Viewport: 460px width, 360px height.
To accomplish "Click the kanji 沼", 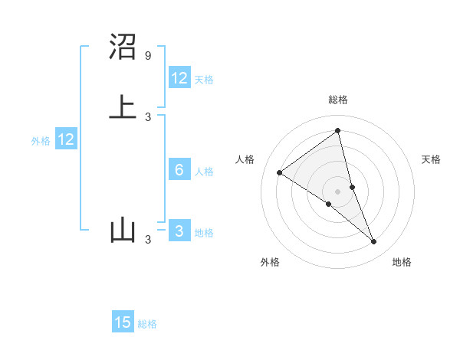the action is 123,47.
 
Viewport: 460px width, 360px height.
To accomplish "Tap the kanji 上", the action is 123,106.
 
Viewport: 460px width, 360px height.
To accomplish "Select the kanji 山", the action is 123,231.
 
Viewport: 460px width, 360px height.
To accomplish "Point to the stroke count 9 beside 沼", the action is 148,56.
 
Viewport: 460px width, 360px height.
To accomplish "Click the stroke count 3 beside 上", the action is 148,116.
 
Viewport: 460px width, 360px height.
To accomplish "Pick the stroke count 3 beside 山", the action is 148,241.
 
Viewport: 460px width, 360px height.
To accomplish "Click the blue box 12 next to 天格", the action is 179,78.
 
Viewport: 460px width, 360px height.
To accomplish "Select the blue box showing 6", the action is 179,170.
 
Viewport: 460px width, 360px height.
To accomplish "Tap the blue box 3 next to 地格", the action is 179,231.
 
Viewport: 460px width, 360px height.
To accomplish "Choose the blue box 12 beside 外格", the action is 66,139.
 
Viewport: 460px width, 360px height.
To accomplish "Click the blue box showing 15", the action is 123,322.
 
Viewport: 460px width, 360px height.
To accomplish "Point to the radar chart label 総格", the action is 338,100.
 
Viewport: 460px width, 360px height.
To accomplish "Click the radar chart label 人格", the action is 245,159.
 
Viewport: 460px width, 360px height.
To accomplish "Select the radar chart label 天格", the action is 432,159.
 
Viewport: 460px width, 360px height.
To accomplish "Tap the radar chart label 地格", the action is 402,262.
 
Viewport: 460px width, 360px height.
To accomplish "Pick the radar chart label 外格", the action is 270,262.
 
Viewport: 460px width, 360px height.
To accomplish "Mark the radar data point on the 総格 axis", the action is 338,131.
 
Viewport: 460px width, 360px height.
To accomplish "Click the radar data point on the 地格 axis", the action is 374,242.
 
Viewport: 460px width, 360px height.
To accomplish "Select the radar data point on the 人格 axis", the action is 279,172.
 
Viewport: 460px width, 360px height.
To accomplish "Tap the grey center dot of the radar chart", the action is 338,191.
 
